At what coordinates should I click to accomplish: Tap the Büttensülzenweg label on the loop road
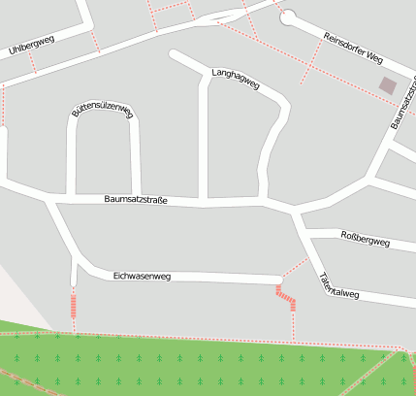[x=101, y=113]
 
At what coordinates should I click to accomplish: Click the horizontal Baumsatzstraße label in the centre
[x=136, y=200]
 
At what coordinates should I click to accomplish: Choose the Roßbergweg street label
[x=365, y=239]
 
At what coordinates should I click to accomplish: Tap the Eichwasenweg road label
[x=142, y=277]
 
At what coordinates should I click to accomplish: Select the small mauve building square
[x=388, y=85]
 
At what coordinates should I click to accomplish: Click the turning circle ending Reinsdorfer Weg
[x=288, y=16]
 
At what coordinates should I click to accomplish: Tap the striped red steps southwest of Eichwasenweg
[x=74, y=306]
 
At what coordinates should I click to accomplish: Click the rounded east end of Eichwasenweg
[x=279, y=280]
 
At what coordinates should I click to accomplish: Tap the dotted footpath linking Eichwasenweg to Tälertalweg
[x=296, y=269]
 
